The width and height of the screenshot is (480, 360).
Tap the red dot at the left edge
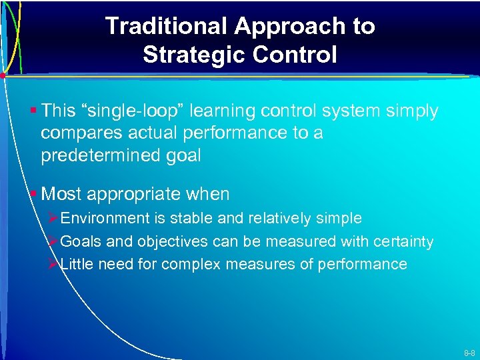click(3, 75)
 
